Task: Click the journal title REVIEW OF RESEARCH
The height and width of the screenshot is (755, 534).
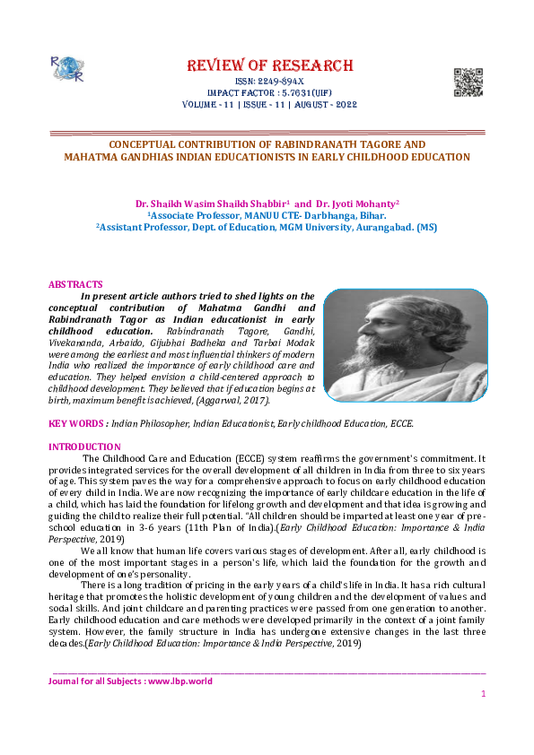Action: [x=269, y=65]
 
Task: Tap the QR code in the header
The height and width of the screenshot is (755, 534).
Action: [x=468, y=82]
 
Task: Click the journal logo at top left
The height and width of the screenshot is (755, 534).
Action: [x=66, y=67]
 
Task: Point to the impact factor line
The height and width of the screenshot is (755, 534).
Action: [x=268, y=92]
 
